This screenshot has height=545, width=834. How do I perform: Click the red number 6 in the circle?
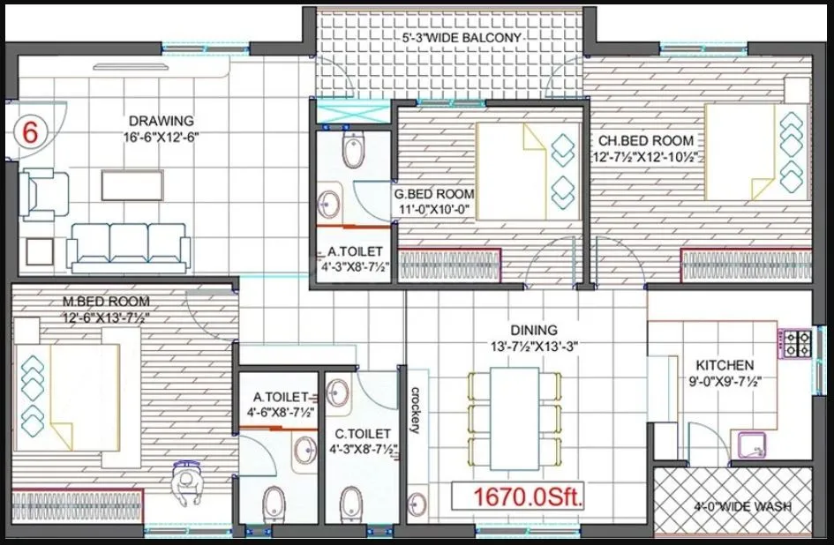pyautogui.click(x=30, y=133)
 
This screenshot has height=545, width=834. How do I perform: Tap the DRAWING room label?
pyautogui.click(x=161, y=121)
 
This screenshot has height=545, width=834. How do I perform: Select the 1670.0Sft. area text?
pyautogui.click(x=519, y=497)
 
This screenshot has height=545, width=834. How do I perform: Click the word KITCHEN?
pyautogui.click(x=725, y=365)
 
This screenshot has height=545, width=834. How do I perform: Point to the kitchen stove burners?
pyautogui.click(x=797, y=343)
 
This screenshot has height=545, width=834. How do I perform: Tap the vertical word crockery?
pyautogui.click(x=414, y=411)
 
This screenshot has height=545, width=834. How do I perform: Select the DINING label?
pyautogui.click(x=533, y=330)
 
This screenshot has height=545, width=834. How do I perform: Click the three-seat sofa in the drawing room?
pyautogui.click(x=129, y=245)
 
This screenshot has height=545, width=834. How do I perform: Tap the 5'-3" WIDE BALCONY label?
pyautogui.click(x=462, y=38)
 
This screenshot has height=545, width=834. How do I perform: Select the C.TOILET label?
pyautogui.click(x=362, y=434)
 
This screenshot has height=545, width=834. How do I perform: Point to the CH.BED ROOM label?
pyautogui.click(x=645, y=140)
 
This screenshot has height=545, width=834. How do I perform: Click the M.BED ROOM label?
pyautogui.click(x=106, y=302)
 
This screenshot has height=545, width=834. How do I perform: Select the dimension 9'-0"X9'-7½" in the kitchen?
pyautogui.click(x=725, y=382)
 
